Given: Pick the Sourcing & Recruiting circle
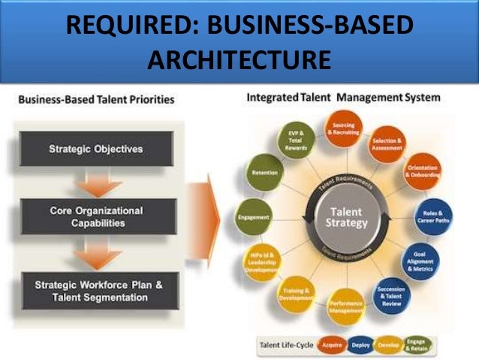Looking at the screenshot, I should pyautogui.click(x=344, y=127).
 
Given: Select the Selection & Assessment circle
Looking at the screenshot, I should pyautogui.click(x=387, y=144).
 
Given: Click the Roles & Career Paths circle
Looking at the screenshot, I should pyautogui.click(x=434, y=217).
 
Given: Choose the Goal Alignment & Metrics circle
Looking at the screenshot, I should pyautogui.click(x=423, y=259).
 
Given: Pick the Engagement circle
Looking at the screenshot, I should pyautogui.click(x=253, y=217).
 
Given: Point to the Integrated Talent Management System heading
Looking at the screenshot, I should pyautogui.click(x=343, y=98).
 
